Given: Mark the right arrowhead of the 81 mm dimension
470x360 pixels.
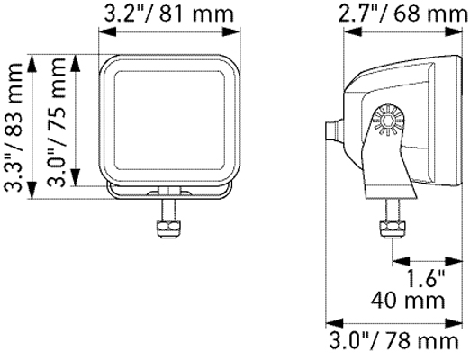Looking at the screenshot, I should (240, 32).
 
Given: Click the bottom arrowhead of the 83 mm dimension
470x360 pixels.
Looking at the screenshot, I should (33, 194).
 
